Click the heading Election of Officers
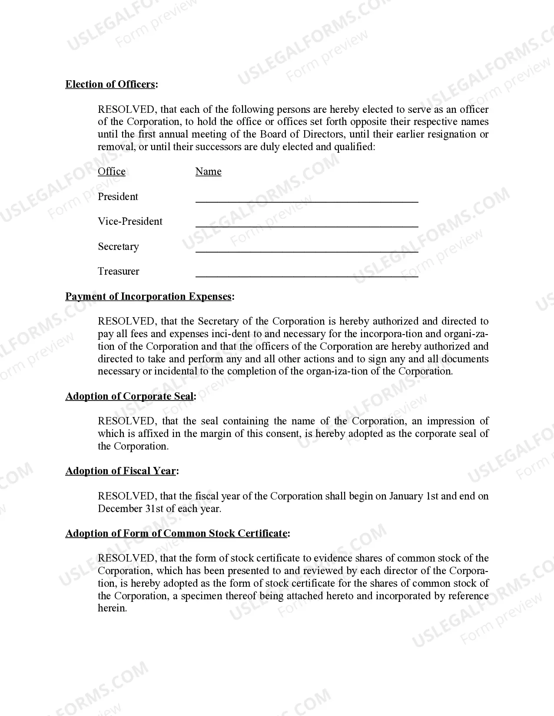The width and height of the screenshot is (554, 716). tap(110, 84)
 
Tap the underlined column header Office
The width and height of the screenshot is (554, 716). tap(111, 171)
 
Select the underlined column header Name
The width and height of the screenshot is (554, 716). tap(208, 171)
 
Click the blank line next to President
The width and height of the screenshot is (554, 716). tap(306, 200)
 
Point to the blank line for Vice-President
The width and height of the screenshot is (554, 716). tap(306, 224)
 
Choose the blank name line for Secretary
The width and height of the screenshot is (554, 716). tap(306, 250)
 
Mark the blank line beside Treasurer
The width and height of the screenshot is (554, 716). tap(306, 274)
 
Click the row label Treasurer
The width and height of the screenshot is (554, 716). tap(118, 271)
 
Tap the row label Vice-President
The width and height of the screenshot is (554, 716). tap(129, 221)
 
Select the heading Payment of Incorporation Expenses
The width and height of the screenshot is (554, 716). tap(148, 296)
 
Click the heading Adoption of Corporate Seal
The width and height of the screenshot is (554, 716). tap(129, 396)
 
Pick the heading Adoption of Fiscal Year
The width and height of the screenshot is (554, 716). tap(120, 471)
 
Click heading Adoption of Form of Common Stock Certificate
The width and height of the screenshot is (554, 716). tap(176, 533)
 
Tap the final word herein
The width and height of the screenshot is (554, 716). tap(112, 608)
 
